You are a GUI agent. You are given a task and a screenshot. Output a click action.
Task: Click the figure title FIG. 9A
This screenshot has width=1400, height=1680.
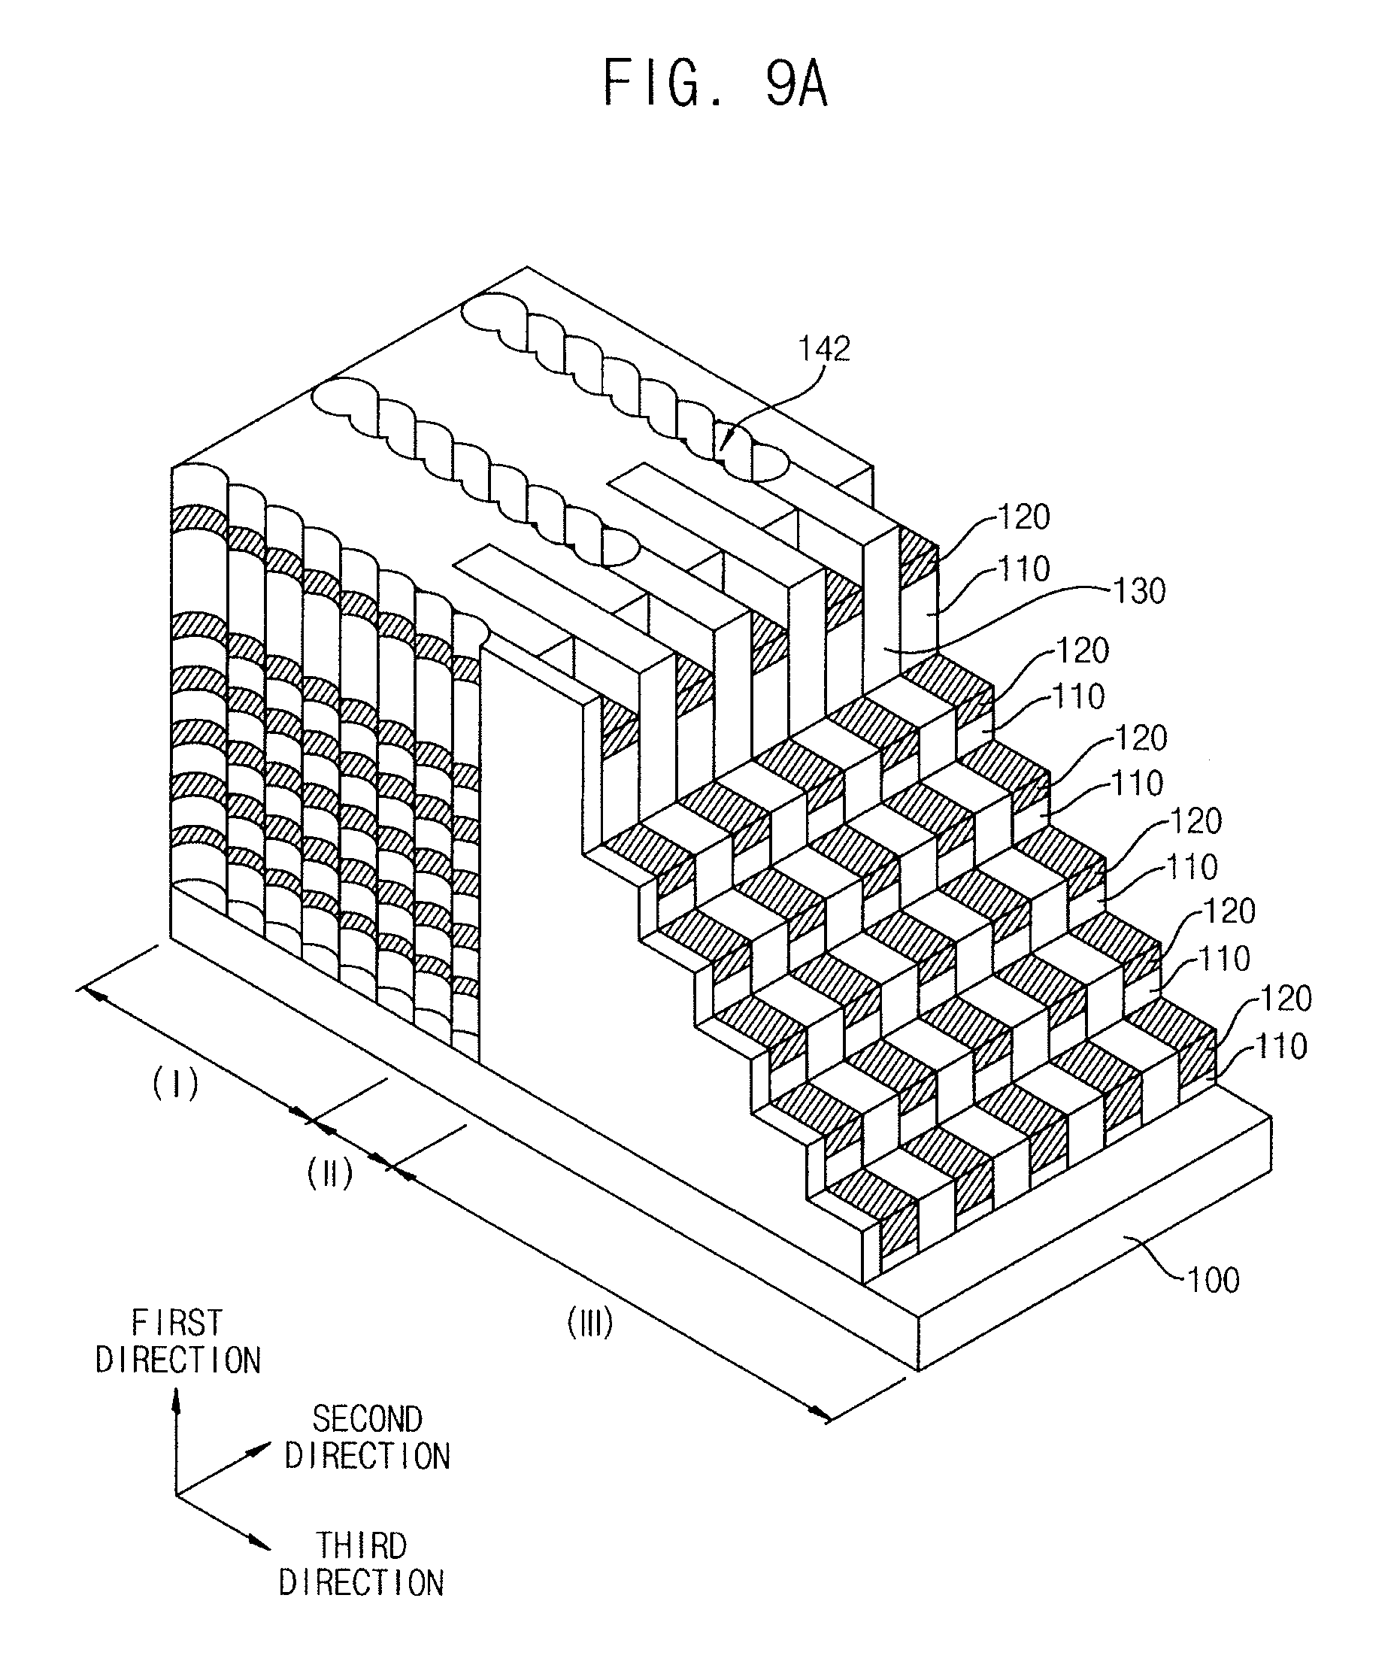714,84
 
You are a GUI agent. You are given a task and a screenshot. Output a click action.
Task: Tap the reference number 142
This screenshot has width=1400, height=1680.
824,349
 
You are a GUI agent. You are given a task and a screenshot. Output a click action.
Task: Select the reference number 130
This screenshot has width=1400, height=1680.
1139,591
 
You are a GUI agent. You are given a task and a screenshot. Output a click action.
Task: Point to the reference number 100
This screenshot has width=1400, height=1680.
1213,1281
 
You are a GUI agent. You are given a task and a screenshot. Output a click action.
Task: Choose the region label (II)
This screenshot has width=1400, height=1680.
329,1175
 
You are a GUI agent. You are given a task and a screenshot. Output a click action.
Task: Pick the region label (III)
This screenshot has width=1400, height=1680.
589,1324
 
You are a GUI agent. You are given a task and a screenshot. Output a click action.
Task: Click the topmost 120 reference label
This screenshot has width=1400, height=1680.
1024,517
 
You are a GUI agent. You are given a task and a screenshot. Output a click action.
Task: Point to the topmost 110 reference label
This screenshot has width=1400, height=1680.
1024,569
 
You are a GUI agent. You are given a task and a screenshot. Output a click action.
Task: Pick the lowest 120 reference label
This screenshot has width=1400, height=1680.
1286,999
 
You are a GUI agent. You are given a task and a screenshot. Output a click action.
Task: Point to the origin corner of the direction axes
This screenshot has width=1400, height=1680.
177,1494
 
